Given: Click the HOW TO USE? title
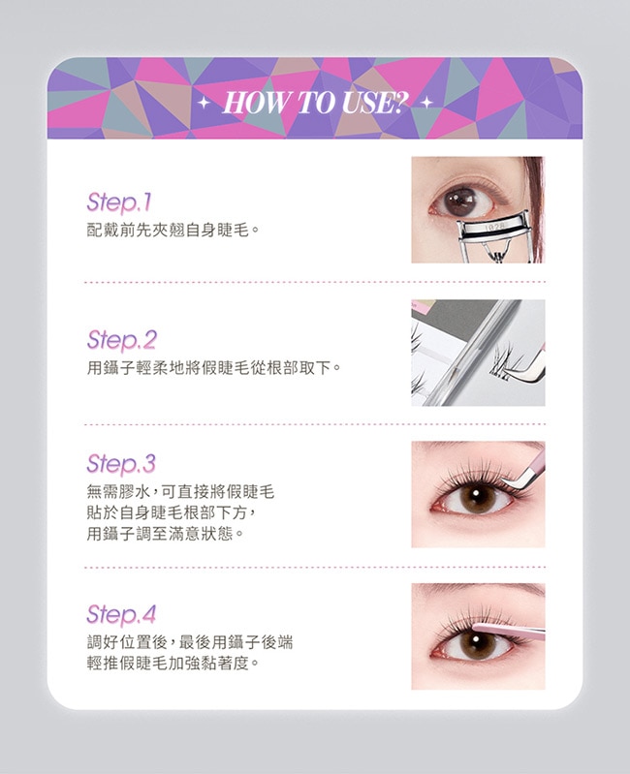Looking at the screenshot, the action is coord(316,103).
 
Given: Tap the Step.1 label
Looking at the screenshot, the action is coord(119,202).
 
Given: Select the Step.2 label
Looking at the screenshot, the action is coord(121,340).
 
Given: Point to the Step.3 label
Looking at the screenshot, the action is coord(121,463).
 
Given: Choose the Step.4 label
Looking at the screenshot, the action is coord(121,614).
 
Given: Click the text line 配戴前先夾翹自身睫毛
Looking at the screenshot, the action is coord(173,230).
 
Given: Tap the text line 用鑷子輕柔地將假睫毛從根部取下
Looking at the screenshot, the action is coord(214,368).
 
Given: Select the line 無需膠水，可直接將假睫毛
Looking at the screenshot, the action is coord(180,492).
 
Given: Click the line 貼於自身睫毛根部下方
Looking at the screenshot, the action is coord(171,512).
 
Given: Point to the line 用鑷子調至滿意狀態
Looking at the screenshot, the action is coord(166,534).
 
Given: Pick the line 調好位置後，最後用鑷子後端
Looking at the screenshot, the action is coord(190,642).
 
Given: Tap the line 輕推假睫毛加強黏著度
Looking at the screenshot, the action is coord(173,663).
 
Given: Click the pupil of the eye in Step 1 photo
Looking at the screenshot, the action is coord(462,201).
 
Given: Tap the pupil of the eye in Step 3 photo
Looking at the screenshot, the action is coord(477,495).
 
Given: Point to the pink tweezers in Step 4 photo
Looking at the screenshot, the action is coord(509,631).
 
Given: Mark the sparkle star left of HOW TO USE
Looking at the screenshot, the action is coord(203,103).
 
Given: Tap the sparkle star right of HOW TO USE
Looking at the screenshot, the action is coord(427,102).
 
